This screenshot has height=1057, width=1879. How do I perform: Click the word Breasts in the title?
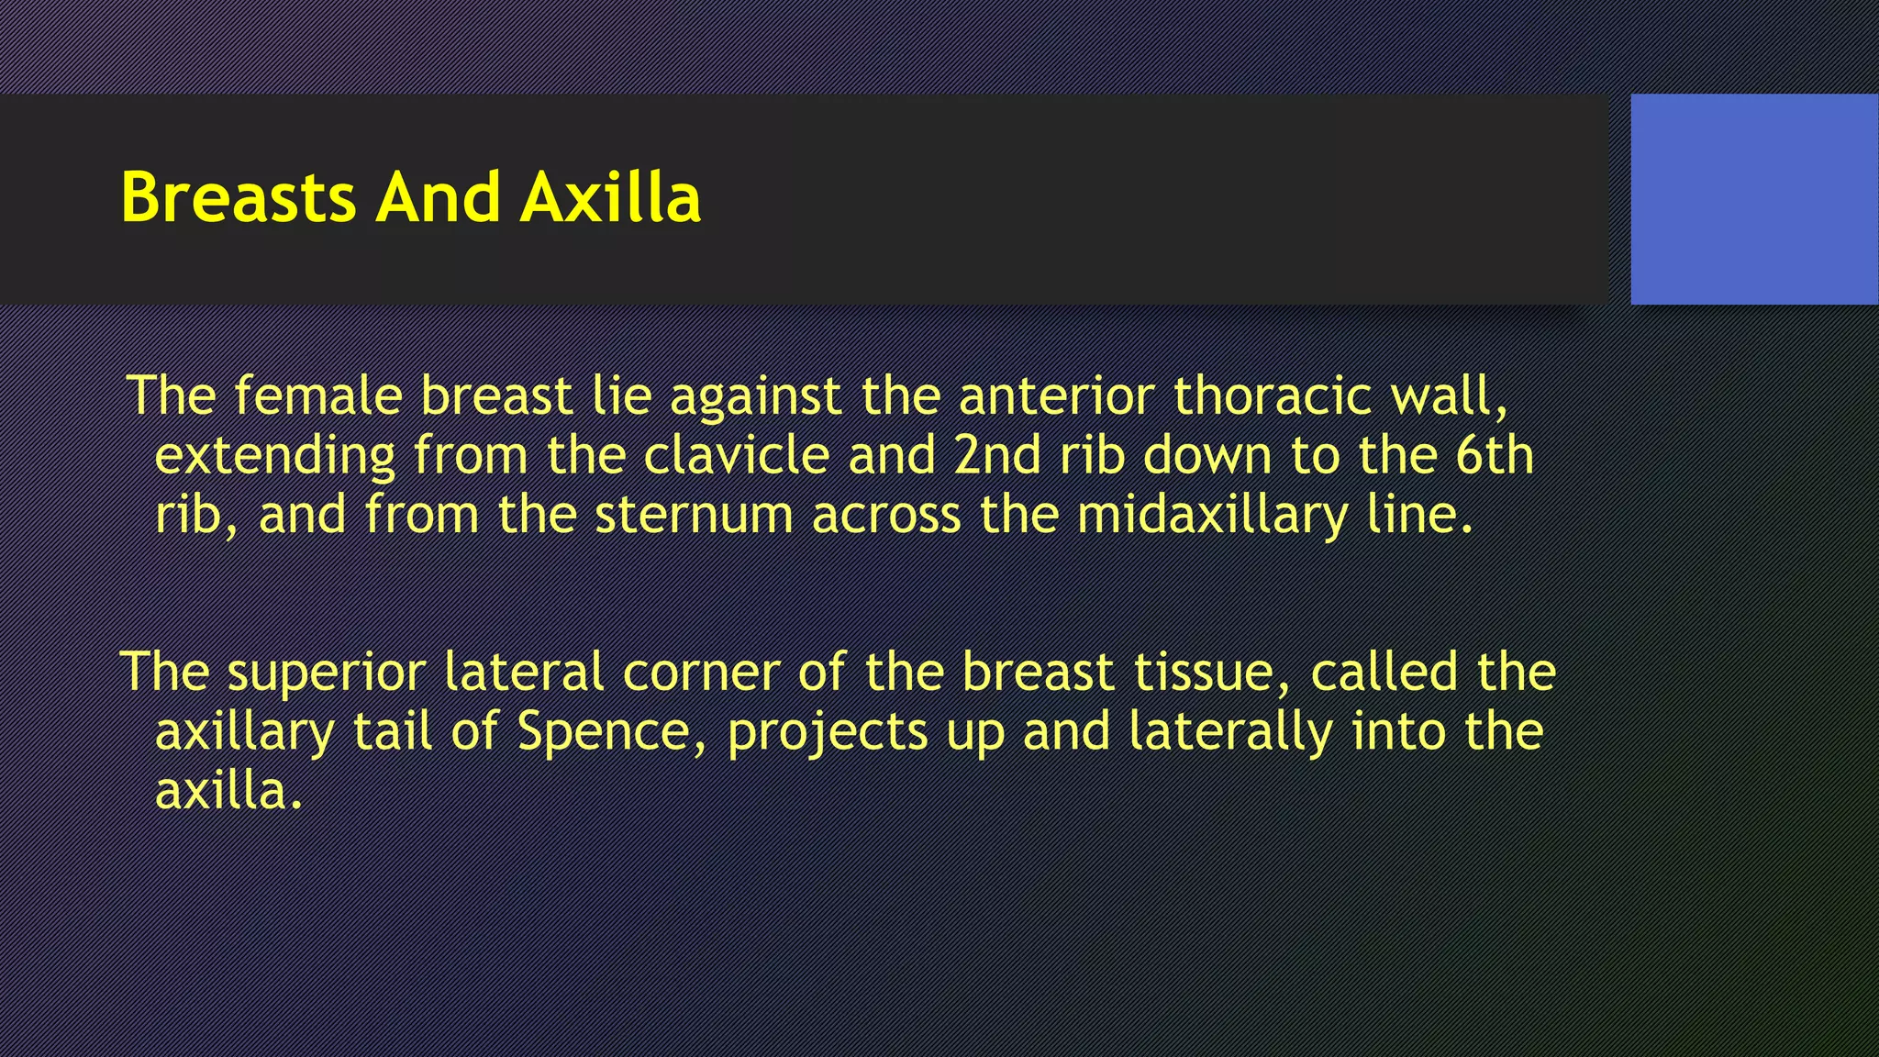pyautogui.click(x=238, y=197)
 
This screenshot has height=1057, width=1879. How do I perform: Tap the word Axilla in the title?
pyautogui.click(x=610, y=197)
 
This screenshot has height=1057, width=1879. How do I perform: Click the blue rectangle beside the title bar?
pyautogui.click(x=1754, y=199)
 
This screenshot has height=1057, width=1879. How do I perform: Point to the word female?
pyautogui.click(x=317, y=396)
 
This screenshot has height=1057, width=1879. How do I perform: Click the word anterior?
pyautogui.click(x=1056, y=396)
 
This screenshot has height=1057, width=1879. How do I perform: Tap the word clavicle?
pyautogui.click(x=736, y=456)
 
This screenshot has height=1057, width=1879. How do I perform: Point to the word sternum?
pyautogui.click(x=694, y=515)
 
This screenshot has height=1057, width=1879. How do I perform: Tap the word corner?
pyautogui.click(x=700, y=673)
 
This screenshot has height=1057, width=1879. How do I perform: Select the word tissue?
pyautogui.click(x=1211, y=673)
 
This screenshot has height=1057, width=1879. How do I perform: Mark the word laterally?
pyautogui.click(x=1230, y=732)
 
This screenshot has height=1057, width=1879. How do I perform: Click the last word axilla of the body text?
pyautogui.click(x=228, y=791)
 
